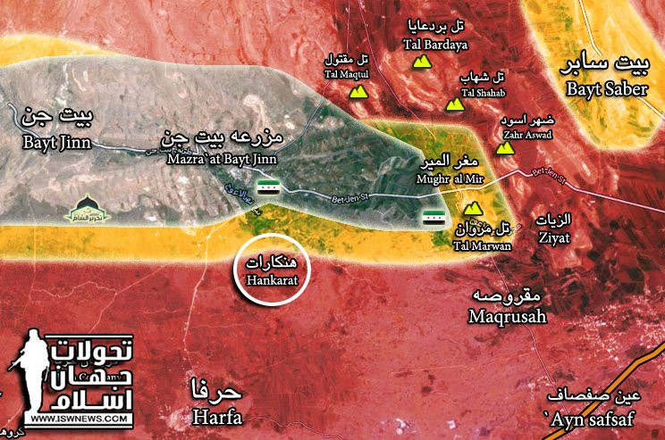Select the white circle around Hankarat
click(x=271, y=270)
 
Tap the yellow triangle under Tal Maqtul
click(x=358, y=92)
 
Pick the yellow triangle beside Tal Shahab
click(x=456, y=104)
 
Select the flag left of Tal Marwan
click(x=434, y=220)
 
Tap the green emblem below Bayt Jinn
click(x=88, y=209)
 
